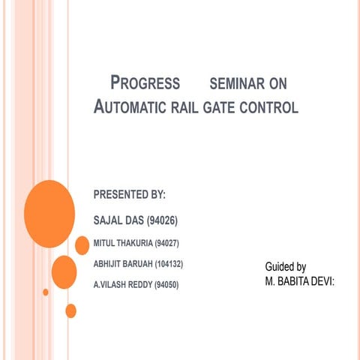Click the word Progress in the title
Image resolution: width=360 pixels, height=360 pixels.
pos(145,82)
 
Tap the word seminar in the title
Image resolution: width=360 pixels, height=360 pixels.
pos(249,82)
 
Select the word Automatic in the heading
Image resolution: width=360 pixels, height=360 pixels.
pos(130,107)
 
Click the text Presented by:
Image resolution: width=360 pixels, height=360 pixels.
pos(129,196)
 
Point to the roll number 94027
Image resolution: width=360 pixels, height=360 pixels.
pos(166,243)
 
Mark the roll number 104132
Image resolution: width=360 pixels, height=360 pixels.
pos(169,264)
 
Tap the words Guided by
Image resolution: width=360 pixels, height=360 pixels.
pos(285,267)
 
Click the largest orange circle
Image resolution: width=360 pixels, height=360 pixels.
pos(49,214)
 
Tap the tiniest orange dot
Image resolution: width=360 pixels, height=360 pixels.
pos(46,292)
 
